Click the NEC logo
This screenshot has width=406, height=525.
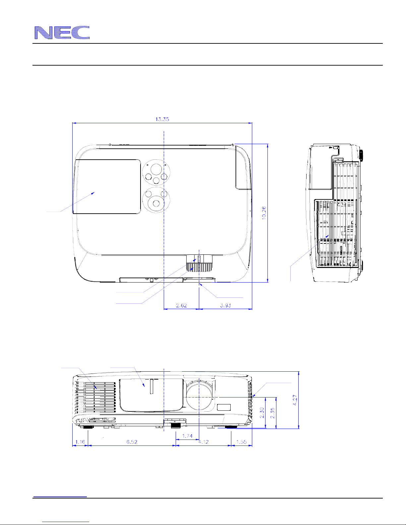click(62, 32)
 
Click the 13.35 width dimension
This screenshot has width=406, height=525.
click(162, 119)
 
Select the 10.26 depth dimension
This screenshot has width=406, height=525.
click(264, 213)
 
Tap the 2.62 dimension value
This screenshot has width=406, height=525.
click(181, 305)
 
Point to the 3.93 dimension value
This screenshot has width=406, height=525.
click(225, 305)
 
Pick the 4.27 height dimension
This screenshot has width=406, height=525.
click(295, 400)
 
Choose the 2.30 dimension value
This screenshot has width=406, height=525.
click(262, 413)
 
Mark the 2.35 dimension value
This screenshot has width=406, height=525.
click(272, 413)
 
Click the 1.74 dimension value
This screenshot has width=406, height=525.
click(187, 436)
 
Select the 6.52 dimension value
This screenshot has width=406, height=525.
click(132, 442)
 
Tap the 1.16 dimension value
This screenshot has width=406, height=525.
click(80, 442)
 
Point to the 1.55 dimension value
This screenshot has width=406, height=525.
click(241, 442)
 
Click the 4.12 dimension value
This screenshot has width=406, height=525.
click(203, 442)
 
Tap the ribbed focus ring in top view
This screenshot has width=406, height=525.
click(199, 267)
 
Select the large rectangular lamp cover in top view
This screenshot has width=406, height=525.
click(107, 186)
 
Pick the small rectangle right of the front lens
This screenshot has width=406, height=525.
click(224, 407)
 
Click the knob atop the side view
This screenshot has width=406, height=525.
click(361, 155)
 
